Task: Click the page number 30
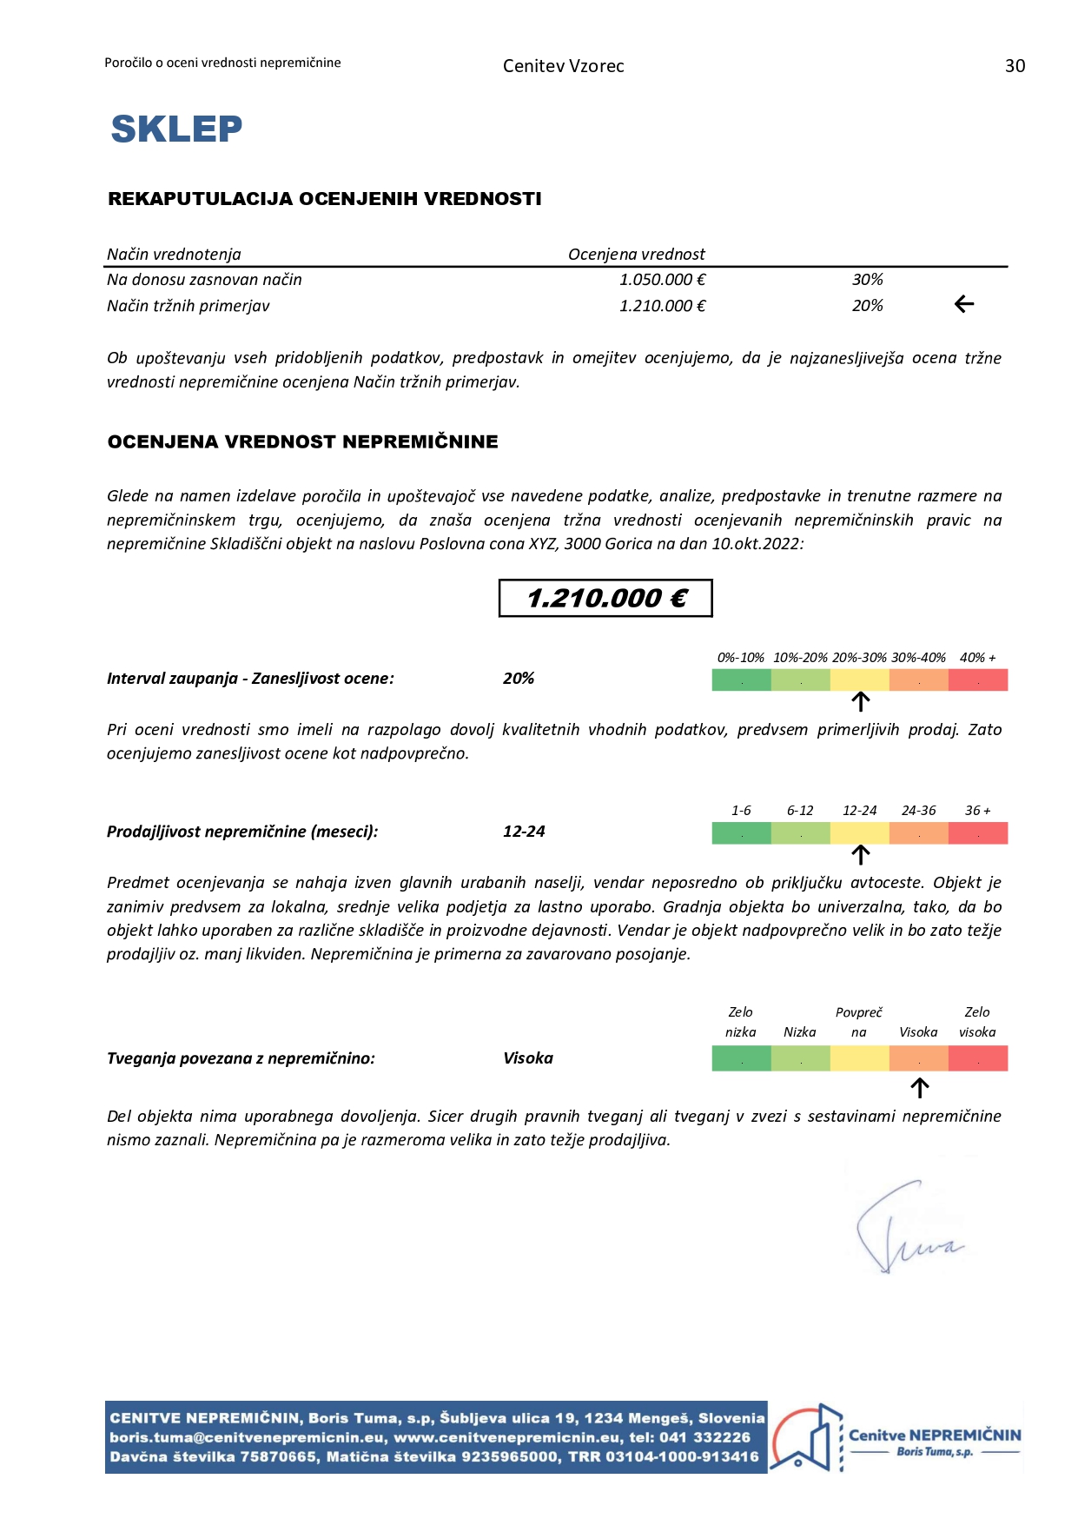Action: tap(1015, 66)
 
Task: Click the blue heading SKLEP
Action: tap(176, 129)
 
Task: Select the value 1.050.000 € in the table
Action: tap(662, 280)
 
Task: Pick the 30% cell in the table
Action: tap(867, 280)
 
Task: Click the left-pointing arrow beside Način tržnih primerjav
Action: tap(964, 304)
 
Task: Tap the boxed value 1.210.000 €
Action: tap(605, 598)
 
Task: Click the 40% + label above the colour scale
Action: tap(977, 658)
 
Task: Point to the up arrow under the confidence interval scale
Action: tap(860, 701)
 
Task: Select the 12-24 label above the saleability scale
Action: tap(859, 811)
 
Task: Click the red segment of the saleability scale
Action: tap(978, 833)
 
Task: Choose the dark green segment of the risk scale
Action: tap(741, 1058)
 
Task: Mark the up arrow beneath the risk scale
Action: tap(919, 1088)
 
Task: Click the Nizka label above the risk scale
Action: tap(799, 1032)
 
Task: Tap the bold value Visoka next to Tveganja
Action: tap(528, 1058)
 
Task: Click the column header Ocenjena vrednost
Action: tap(636, 255)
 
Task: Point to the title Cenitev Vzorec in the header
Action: tap(563, 66)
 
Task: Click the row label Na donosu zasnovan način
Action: tap(204, 280)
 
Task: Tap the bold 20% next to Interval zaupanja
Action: tap(519, 679)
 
